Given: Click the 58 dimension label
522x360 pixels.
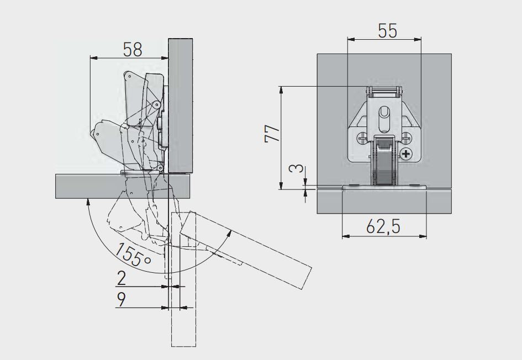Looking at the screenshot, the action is click(x=133, y=50).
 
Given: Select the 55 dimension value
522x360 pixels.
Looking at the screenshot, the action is click(x=388, y=31).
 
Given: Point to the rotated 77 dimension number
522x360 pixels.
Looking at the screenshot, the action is click(x=272, y=133).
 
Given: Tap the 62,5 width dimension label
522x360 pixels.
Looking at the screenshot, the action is click(x=383, y=227).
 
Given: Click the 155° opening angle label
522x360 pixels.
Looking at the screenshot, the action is click(x=133, y=255).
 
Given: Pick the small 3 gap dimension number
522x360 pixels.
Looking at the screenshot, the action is click(x=297, y=168).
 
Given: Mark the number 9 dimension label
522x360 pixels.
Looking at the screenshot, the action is click(x=122, y=299).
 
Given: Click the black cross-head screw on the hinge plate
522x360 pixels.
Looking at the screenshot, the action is click(x=406, y=154).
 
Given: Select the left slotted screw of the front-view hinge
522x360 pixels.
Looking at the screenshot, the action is click(x=362, y=137).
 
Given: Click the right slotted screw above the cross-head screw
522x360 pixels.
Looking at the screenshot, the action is click(x=406, y=137).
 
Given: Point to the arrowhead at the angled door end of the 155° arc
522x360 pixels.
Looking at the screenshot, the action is click(x=229, y=233).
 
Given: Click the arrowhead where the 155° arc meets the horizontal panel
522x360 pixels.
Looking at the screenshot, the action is click(x=88, y=202).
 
